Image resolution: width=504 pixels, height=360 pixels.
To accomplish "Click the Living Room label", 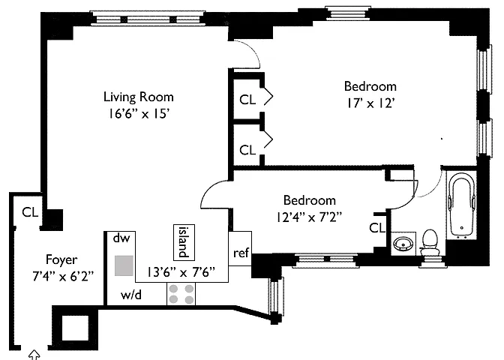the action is (139, 97).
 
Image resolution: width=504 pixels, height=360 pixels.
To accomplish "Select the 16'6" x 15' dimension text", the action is (139, 114).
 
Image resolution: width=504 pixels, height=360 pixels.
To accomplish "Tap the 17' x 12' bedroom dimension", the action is (370, 103).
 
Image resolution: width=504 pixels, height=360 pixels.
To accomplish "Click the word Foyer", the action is (61, 260).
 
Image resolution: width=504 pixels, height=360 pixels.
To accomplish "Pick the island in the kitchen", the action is (184, 242).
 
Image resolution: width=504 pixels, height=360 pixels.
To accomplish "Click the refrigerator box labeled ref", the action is (240, 248).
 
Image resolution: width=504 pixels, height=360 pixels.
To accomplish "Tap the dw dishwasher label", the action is (121, 238).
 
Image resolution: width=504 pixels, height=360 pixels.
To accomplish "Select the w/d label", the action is (130, 295).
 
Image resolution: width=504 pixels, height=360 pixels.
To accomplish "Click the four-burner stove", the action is (181, 294).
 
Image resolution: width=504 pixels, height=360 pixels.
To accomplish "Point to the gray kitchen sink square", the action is (124, 265).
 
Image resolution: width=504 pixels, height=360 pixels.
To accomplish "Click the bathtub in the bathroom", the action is (462, 205).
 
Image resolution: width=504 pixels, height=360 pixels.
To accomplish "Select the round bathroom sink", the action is (403, 244).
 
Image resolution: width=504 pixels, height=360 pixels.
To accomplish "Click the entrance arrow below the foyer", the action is (34, 355).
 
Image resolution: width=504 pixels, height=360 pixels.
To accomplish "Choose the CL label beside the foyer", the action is (30, 212).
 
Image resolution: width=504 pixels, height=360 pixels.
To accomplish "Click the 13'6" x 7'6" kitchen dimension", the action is (181, 272).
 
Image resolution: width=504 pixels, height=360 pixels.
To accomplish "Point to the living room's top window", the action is (148, 19).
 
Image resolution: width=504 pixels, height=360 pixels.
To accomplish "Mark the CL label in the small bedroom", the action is (377, 228).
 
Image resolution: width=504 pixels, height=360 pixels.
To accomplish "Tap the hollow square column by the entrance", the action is (75, 328).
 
